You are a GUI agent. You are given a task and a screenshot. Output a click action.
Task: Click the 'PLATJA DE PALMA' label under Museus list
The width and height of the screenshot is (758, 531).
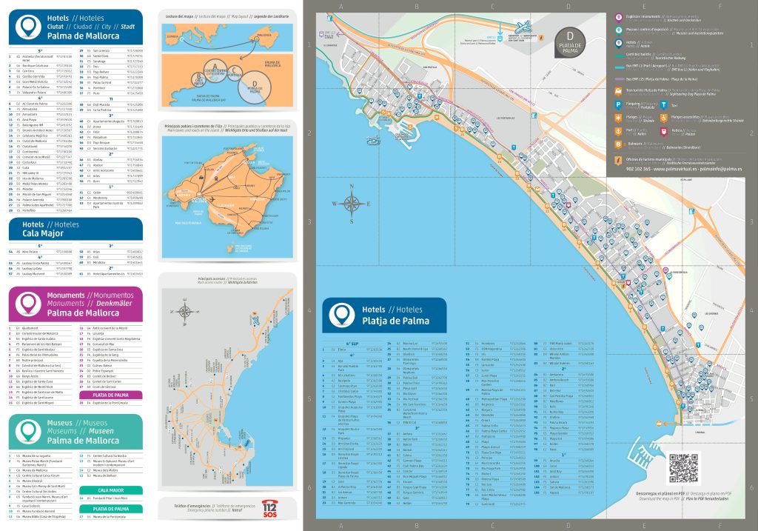pyautogui.click(x=111, y=509)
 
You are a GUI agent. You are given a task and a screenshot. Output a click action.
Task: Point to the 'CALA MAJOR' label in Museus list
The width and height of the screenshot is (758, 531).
pyautogui.click(x=111, y=490)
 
